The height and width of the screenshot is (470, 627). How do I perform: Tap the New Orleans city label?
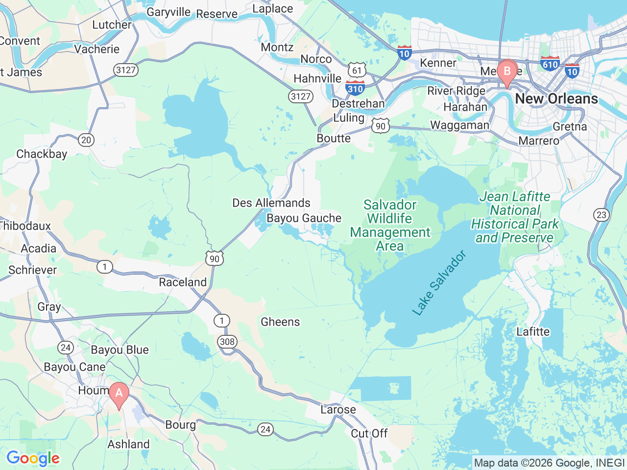556,98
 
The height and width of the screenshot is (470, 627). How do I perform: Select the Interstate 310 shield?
355,88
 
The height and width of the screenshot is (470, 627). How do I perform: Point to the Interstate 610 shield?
550,64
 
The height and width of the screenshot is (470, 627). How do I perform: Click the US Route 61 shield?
357,70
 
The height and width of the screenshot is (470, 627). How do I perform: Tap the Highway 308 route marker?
227,341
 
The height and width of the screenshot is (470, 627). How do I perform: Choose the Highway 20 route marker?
86,140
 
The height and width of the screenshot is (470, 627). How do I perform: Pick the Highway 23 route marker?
601,214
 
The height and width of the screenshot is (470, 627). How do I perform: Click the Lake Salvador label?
439,283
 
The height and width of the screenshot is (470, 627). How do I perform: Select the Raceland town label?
183,282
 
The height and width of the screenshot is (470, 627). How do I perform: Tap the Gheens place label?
280,322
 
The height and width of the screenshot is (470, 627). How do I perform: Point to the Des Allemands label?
271,203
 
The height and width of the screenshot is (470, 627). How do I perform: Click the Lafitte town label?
533,331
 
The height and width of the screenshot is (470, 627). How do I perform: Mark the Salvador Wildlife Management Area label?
390,225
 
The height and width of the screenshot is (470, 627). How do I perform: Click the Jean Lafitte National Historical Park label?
515,217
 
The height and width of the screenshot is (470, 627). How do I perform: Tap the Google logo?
33,459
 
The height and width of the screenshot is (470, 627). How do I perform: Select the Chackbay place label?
42,154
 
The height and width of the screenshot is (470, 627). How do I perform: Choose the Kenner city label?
438,63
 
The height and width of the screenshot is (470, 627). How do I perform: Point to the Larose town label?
338,409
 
